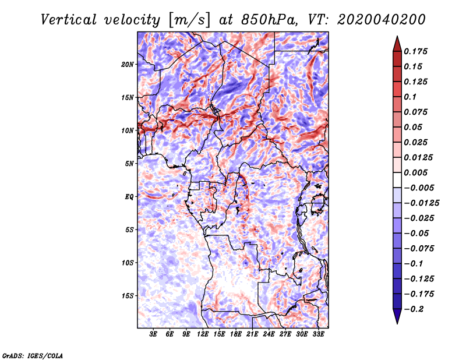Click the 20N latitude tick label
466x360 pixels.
pos(128,64)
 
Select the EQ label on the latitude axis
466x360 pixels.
pos(129,197)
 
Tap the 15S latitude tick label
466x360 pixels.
pos(128,296)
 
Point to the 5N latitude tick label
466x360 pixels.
pos(129,164)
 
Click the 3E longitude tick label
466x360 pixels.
pos(153,334)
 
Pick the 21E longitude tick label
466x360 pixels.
pos(252,334)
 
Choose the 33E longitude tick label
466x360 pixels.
pos(318,334)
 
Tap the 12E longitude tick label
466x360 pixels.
pos(202,334)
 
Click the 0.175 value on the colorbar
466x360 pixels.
pos(415,51)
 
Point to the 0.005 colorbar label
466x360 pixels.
pos(415,172)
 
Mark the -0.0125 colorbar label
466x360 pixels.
pos(421,203)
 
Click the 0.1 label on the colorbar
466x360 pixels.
pos(410,97)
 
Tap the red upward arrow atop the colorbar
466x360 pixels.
pos(397,44)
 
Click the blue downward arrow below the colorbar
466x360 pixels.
pos(397,316)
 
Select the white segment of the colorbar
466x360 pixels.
pos(397,180)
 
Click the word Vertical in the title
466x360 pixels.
pos(69,20)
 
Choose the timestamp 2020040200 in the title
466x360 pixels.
pos(382,20)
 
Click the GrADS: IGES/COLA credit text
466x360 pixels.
pos(33,356)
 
